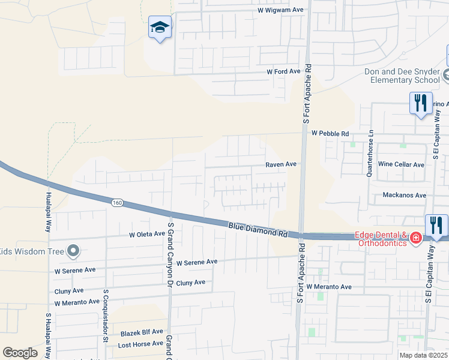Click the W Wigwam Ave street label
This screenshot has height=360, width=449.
(x=281, y=10)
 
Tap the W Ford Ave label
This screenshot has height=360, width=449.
(x=283, y=71)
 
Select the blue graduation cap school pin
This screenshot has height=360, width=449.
(x=160, y=28)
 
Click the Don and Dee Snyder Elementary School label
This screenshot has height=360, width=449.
(x=402, y=76)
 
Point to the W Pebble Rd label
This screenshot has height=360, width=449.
(x=330, y=133)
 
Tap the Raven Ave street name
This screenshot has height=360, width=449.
(x=282, y=164)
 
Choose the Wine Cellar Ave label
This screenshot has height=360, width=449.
(x=401, y=164)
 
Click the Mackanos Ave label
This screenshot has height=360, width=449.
(x=405, y=196)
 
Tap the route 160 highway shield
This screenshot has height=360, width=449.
(x=117, y=203)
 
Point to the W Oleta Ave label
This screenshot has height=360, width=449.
(x=146, y=234)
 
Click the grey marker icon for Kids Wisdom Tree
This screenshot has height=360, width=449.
(x=73, y=251)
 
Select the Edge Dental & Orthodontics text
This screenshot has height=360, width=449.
(x=381, y=239)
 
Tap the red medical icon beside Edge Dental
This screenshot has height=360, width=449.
(x=415, y=239)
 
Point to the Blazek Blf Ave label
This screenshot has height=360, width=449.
(x=141, y=331)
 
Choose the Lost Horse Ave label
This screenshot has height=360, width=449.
(x=140, y=344)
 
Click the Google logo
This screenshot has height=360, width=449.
(x=20, y=353)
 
